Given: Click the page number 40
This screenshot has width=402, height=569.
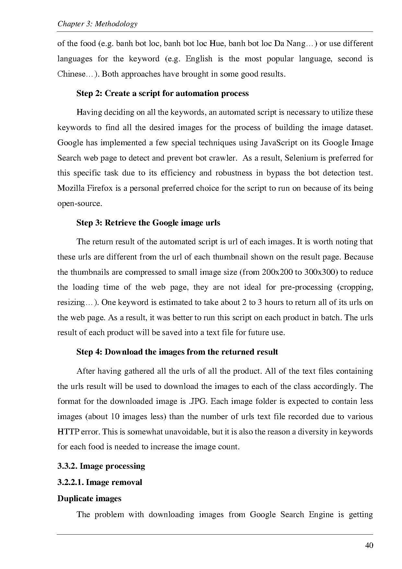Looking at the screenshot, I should click(369, 545).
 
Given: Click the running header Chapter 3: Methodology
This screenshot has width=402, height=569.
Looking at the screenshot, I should click(97, 24).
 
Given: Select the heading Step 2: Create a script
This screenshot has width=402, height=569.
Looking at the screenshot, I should click(162, 93).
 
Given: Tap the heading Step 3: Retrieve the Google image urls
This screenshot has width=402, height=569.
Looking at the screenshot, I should click(148, 223).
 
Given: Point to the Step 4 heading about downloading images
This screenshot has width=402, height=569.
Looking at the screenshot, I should click(177, 352).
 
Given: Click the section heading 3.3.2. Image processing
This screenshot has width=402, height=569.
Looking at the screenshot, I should click(101, 466).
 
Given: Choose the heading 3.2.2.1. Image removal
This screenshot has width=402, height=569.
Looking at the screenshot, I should click(100, 482).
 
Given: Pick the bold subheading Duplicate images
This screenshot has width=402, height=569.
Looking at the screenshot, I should click(89, 499).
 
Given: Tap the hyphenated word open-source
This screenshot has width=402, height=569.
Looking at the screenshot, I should click(79, 204).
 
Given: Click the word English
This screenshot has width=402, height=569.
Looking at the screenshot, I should click(199, 59).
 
